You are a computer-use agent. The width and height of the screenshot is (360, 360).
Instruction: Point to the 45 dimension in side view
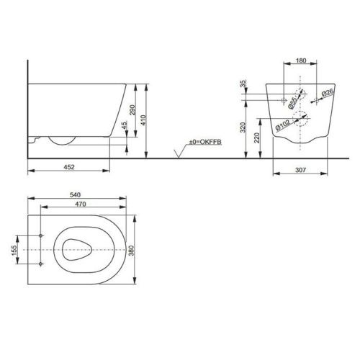124,125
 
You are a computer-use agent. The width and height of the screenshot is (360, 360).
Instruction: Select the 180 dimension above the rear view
301,61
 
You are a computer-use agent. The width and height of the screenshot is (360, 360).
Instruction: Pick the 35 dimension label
244,84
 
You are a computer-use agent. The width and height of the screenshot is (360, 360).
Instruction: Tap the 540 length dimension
76,194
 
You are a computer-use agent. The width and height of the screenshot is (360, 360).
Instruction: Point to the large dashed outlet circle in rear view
302,126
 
